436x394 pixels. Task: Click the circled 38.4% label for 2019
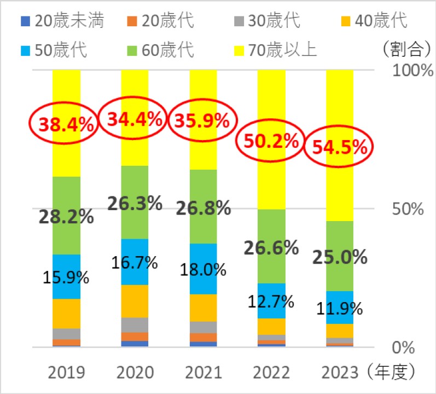[64, 125]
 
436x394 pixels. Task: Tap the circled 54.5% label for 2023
[339, 148]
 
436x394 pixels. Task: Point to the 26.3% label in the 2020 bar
[135, 204]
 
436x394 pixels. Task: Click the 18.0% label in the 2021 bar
[204, 270]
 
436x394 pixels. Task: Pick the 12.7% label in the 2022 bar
[272, 301]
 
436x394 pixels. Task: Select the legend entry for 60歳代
[164, 50]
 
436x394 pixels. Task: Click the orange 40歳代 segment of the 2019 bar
[66, 314]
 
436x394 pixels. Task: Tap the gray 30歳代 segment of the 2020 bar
[135, 325]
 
